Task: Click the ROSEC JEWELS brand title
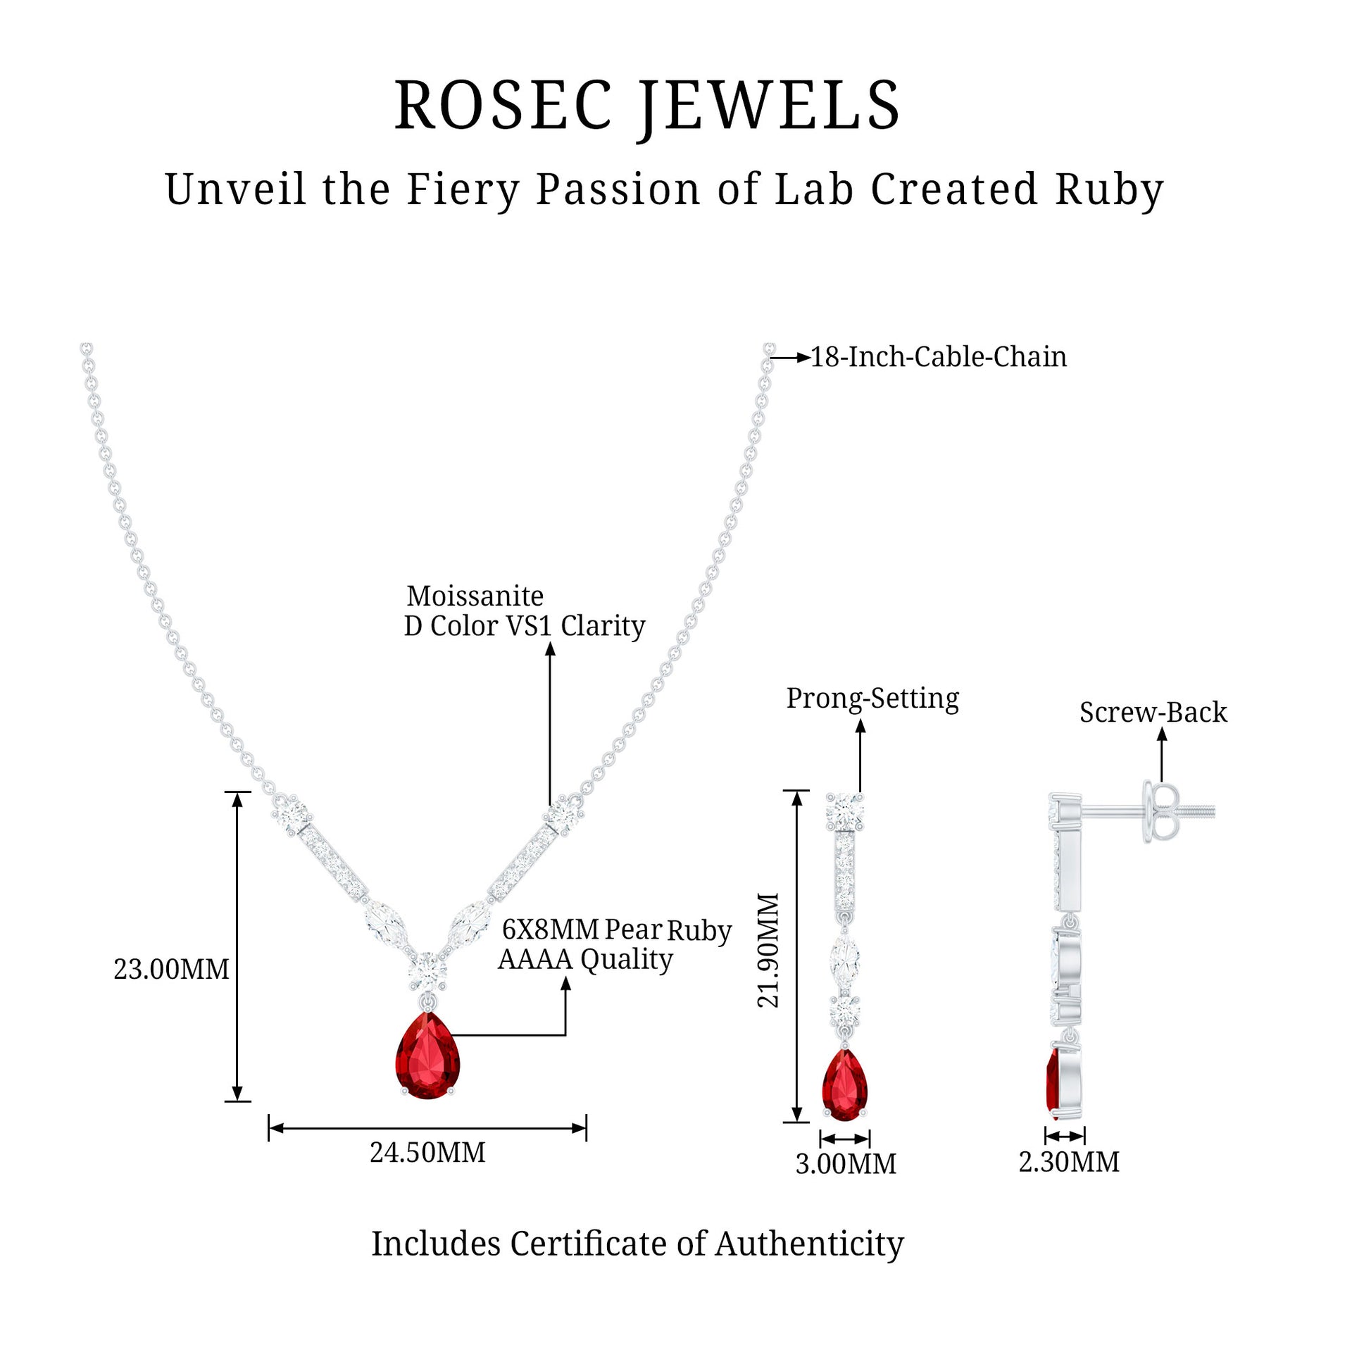pos(647,106)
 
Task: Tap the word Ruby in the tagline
pos(1109,190)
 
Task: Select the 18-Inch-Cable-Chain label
pos(939,357)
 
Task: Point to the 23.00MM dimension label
pos(171,970)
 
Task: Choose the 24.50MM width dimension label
pos(427,1153)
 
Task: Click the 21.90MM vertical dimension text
pos(769,950)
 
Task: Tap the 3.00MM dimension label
pos(846,1164)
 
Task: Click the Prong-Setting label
pos(872,699)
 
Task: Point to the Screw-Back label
pos(1153,713)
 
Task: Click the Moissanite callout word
pos(475,596)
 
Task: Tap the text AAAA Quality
pos(585,959)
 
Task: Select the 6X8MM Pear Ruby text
pos(616,930)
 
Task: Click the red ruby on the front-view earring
pos(845,1084)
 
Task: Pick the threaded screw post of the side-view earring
pos(1196,811)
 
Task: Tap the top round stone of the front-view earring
pos(844,812)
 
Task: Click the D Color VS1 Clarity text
pos(525,626)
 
